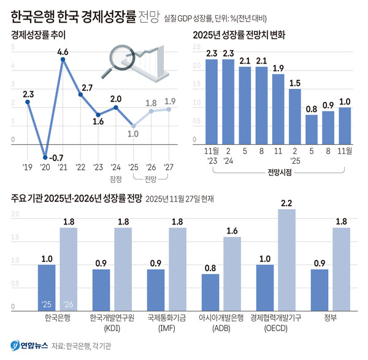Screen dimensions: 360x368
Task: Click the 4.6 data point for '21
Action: click(x=63, y=59)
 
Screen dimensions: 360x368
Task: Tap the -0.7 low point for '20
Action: click(x=45, y=157)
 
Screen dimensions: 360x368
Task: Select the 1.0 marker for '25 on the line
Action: click(x=134, y=126)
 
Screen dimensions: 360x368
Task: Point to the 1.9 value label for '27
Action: click(x=170, y=101)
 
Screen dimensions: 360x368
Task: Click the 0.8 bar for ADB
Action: click(x=210, y=291)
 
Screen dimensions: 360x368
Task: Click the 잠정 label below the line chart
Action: click(x=115, y=180)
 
